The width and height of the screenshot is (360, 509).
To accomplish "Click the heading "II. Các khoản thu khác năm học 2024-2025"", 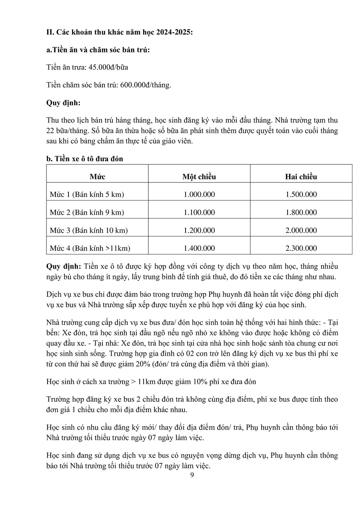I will (x=120, y=32).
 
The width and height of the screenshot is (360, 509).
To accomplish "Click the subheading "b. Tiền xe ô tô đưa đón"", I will (x=85, y=159).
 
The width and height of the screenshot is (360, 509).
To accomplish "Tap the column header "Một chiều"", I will (x=199, y=176).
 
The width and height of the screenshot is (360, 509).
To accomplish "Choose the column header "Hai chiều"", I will (x=301, y=176).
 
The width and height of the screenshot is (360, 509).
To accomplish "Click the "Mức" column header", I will (x=97, y=176).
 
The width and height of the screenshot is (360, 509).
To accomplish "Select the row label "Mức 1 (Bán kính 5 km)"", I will (x=87, y=194).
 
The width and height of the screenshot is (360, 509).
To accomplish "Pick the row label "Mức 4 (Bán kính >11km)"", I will (x=90, y=248).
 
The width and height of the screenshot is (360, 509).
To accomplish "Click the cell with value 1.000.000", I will (x=199, y=194).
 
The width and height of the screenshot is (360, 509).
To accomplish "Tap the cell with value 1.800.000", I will (x=301, y=212).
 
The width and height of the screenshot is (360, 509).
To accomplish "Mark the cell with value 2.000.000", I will (x=301, y=230).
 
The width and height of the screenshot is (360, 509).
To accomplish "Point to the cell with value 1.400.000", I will (x=199, y=248).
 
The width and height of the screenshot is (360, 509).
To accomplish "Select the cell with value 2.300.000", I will (x=301, y=248).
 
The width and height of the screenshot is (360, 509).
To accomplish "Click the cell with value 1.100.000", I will (x=199, y=212).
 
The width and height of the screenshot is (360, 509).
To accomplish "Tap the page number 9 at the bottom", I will (x=192, y=475).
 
